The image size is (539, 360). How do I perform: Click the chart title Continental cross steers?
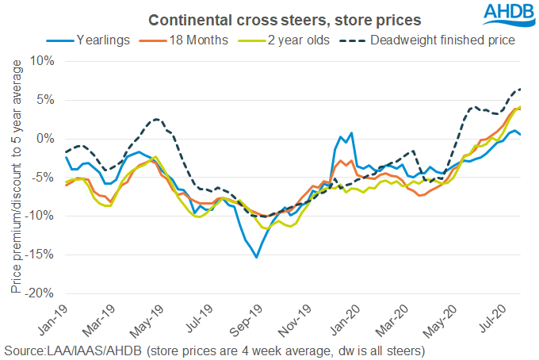pos(269,17)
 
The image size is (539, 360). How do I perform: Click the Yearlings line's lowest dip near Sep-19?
pos(256,257)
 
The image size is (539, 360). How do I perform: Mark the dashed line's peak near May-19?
pos(157,119)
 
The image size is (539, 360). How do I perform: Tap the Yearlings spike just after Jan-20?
pos(350,133)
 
